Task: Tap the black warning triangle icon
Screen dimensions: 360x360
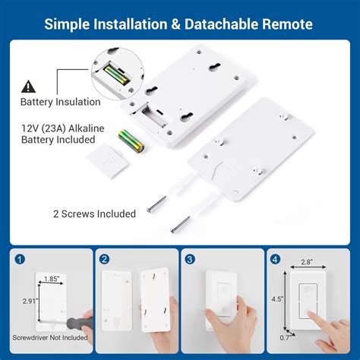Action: click(x=28, y=86)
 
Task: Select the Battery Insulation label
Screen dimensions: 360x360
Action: click(x=59, y=102)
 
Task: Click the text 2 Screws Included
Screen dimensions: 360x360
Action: click(x=94, y=214)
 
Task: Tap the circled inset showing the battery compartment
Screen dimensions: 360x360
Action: click(x=119, y=71)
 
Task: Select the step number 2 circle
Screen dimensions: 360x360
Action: click(x=105, y=257)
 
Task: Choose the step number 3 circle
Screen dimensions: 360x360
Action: click(x=191, y=257)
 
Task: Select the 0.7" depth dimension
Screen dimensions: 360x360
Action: click(x=283, y=337)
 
